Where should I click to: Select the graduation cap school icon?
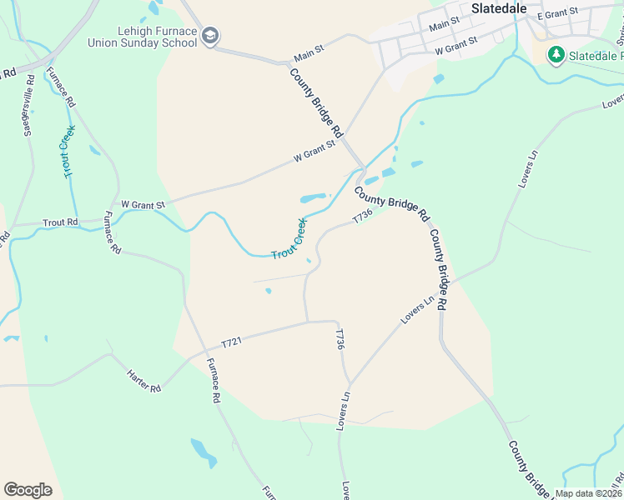211,36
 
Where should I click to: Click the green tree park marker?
556,55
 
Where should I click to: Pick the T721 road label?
233,342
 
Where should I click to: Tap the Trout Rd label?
62,222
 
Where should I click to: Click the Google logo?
28,489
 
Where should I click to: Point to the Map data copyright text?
588,493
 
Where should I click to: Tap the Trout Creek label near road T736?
289,240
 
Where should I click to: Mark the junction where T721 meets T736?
308,322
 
